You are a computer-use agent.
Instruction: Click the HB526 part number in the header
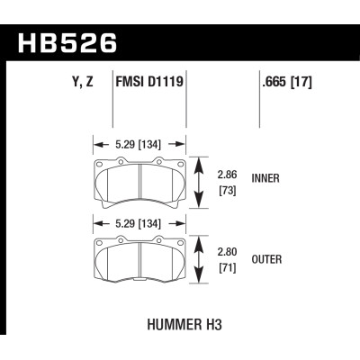point(67,41)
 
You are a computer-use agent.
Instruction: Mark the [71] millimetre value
point(228,269)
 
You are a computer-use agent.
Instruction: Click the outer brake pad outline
point(142,261)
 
